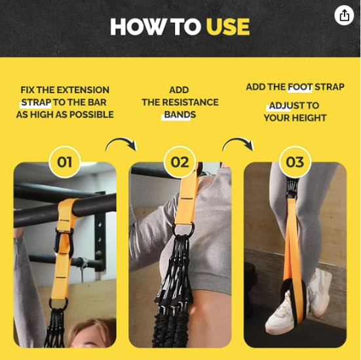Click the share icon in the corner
pyautogui.click(x=344, y=16)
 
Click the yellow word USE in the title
pyautogui.click(x=227, y=28)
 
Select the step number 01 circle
pyautogui.click(x=65, y=162)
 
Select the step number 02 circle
pyautogui.click(x=180, y=162)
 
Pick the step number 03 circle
pyautogui.click(x=295, y=162)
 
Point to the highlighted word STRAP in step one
pyautogui.click(x=35, y=102)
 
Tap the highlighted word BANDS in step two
pyautogui.click(x=180, y=115)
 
